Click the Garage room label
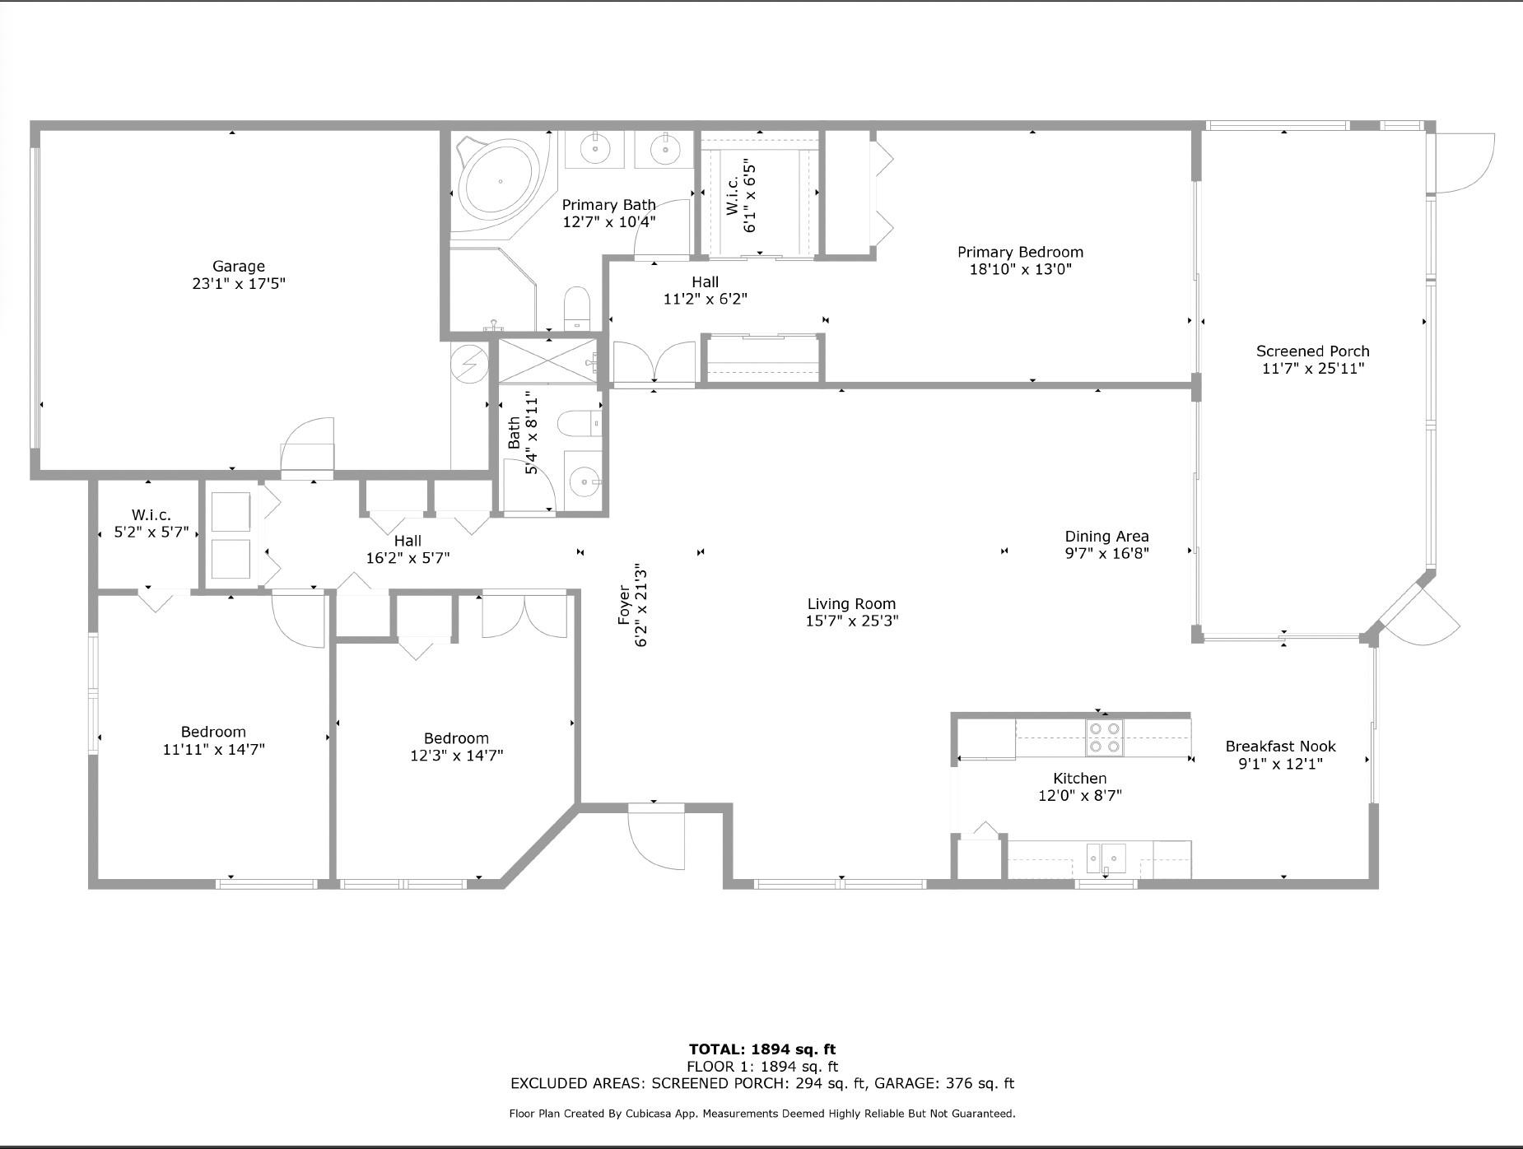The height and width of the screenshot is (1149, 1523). click(x=239, y=266)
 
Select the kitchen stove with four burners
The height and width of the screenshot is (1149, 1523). click(x=1104, y=737)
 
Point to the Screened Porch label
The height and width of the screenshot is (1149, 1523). click(x=1313, y=351)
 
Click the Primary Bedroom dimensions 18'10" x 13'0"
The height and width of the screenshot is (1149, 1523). click(x=1021, y=269)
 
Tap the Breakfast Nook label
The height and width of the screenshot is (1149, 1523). click(x=1280, y=746)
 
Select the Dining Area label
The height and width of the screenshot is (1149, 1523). click(x=1106, y=536)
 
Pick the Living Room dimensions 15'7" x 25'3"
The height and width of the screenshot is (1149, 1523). click(x=851, y=621)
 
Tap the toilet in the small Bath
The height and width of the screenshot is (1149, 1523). click(x=579, y=424)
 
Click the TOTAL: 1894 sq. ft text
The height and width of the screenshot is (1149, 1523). click(x=761, y=1049)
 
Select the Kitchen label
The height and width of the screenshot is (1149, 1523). click(x=1079, y=778)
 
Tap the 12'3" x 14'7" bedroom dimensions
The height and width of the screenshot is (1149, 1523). click(x=456, y=755)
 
